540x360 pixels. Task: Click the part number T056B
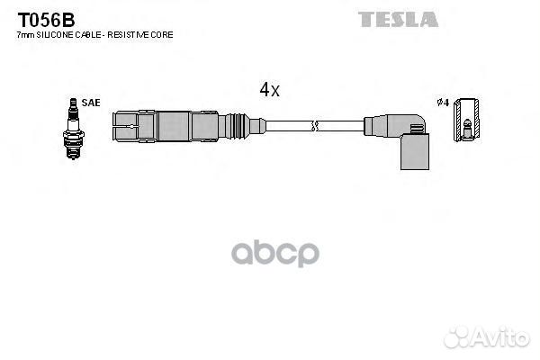(46, 21)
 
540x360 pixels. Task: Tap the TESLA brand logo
(398, 19)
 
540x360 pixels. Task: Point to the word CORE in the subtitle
(161, 35)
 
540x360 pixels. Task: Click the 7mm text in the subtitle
(26, 35)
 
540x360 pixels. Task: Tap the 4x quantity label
(269, 90)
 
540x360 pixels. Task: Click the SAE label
(91, 103)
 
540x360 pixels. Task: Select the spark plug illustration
(74, 129)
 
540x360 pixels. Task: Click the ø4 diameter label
(443, 103)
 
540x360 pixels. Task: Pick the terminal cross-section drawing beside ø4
(466, 120)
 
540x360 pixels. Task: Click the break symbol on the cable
(314, 126)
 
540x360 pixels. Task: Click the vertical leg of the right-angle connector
(415, 151)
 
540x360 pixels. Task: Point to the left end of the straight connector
(113, 126)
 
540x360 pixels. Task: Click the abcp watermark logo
(275, 254)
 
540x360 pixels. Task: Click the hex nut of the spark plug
(74, 134)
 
